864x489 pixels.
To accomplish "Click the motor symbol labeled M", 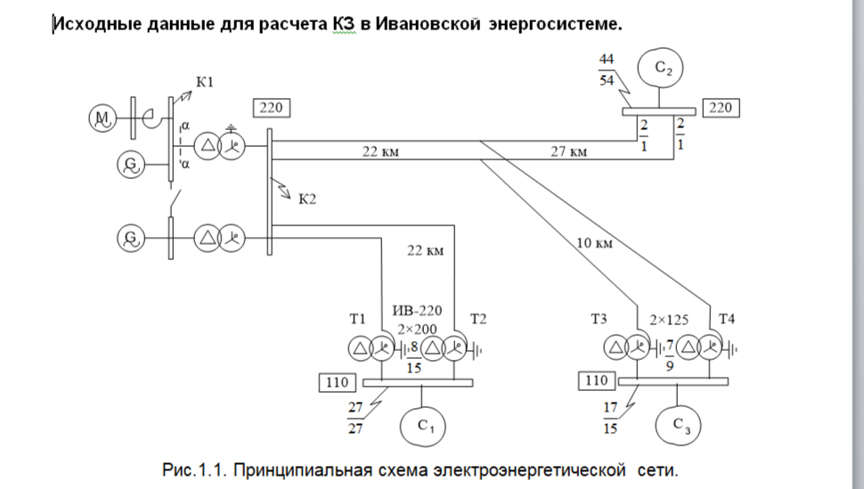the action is pyautogui.click(x=103, y=118).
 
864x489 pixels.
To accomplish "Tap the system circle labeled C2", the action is pyautogui.click(x=660, y=69).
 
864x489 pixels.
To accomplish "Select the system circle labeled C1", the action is pyautogui.click(x=422, y=426).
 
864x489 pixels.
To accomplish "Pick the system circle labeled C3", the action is pyautogui.click(x=678, y=425).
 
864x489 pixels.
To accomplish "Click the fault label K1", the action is pyautogui.click(x=205, y=82).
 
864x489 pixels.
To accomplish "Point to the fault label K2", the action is pyautogui.click(x=307, y=199).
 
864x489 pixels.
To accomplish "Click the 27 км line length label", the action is pyautogui.click(x=569, y=151).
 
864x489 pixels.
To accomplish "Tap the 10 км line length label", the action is pyautogui.click(x=594, y=242).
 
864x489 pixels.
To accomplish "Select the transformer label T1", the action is pyautogui.click(x=357, y=319).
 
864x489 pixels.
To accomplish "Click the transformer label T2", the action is pyautogui.click(x=478, y=319).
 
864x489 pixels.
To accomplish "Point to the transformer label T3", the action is pyautogui.click(x=599, y=319).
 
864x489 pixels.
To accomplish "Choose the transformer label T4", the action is pyautogui.click(x=727, y=319).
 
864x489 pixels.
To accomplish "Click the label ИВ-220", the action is pyautogui.click(x=417, y=310).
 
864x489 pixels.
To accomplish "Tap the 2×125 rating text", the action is pyautogui.click(x=669, y=321).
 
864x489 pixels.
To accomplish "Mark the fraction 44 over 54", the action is pyautogui.click(x=607, y=70).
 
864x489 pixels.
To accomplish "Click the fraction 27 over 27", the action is pyautogui.click(x=355, y=418).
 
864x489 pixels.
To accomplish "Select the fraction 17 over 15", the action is pyautogui.click(x=610, y=418).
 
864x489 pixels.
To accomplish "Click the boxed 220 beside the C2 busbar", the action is pyautogui.click(x=721, y=108).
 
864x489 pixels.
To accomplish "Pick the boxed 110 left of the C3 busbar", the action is pyautogui.click(x=597, y=380).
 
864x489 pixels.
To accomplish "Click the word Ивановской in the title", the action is pyautogui.click(x=428, y=24).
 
